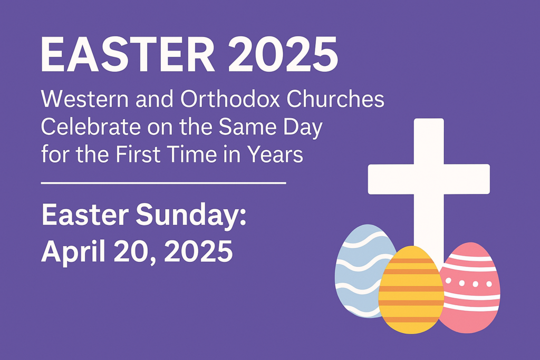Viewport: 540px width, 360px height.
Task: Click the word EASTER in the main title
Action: [128, 55]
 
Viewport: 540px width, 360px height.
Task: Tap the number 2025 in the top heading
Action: [283, 55]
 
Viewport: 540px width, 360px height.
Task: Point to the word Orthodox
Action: [230, 99]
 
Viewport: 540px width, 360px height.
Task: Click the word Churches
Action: [335, 99]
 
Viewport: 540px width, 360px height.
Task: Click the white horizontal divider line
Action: [163, 183]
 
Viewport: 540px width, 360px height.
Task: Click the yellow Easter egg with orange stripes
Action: [411, 290]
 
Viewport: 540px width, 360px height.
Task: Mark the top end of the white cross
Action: [429, 119]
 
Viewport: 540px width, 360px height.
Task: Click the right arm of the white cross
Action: [467, 179]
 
